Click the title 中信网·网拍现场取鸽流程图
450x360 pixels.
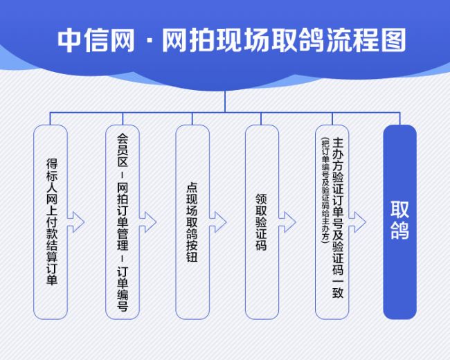232,40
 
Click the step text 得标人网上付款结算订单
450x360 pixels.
52,222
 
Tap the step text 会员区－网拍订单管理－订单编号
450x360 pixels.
123,222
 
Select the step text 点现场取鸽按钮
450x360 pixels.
192,222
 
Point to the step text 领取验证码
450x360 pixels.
261,222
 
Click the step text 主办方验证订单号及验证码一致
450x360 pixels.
338,218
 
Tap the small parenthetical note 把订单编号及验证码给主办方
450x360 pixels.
325,190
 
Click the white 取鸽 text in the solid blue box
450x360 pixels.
399,220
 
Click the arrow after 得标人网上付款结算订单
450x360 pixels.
75,222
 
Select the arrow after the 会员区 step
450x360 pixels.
147,222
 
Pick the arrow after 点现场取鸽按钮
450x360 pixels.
218,222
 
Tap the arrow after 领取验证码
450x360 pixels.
287,222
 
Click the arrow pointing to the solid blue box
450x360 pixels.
357,222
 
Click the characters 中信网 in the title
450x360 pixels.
96,40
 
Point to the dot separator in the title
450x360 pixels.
148,40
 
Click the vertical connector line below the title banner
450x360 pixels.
225,101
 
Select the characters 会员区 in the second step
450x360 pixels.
123,150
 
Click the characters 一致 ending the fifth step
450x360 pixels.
338,287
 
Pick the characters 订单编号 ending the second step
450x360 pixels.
123,289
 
